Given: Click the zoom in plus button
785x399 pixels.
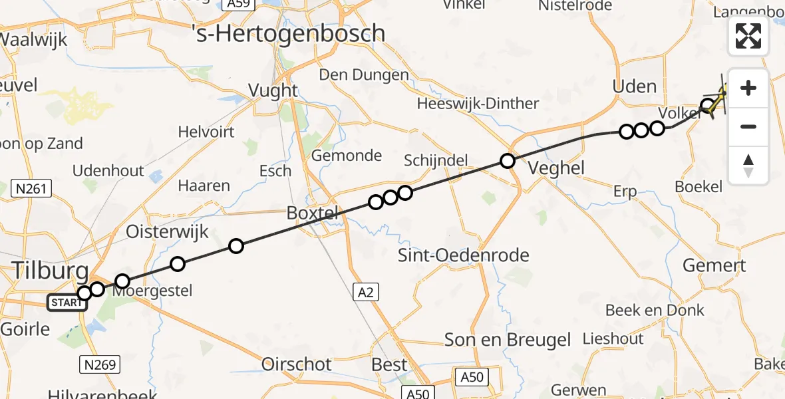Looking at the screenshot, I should click(748, 88).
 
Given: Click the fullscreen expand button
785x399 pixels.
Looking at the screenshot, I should click(748, 36).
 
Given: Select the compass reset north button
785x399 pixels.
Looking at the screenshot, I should click(748, 166).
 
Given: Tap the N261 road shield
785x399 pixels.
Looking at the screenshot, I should click(31, 190).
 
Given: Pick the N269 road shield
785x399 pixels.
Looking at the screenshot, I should click(100, 364).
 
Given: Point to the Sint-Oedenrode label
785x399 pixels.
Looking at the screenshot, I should click(464, 255).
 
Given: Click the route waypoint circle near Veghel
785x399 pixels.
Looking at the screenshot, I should click(508, 161).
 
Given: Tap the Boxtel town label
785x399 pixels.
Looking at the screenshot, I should click(313, 213).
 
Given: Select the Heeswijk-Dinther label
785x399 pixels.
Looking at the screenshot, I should click(478, 104).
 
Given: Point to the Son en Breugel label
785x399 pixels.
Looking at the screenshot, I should click(508, 340).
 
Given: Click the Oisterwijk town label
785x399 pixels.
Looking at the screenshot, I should click(168, 232).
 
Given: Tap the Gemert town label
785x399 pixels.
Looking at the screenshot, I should click(714, 265).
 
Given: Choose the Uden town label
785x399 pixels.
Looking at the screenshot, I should click(634, 86).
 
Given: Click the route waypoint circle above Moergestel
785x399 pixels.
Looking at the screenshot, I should click(122, 281).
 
